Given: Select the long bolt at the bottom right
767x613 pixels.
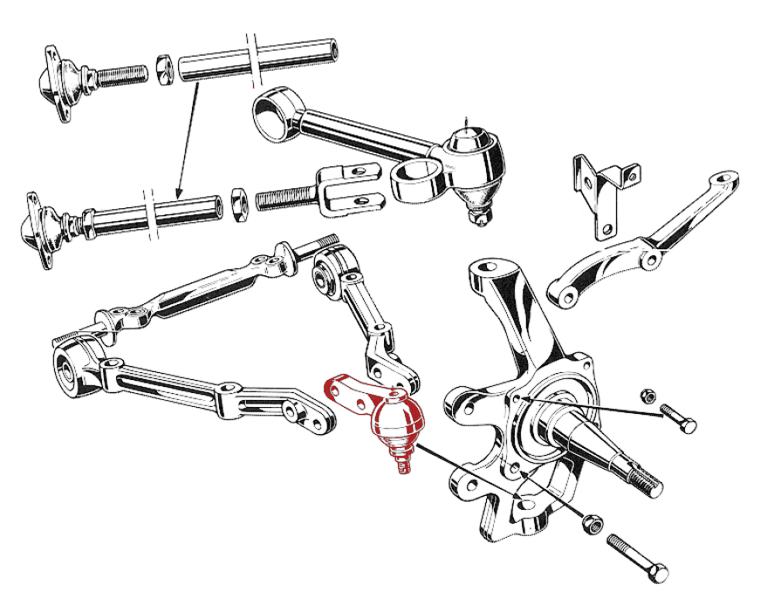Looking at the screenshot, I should [x=637, y=557].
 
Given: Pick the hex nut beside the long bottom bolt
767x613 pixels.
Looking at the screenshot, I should [x=592, y=524].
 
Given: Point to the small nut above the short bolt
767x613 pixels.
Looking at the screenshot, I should [x=647, y=395].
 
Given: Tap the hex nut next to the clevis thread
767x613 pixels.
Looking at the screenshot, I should [x=239, y=204].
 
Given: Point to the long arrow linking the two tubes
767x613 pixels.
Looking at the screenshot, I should [x=188, y=138].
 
